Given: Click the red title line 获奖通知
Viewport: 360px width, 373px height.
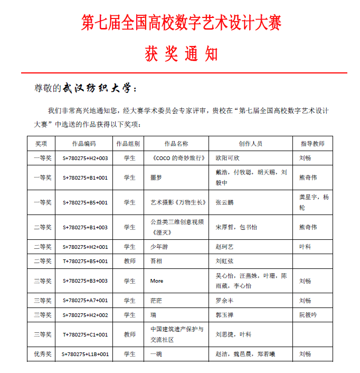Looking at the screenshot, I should pos(181,54).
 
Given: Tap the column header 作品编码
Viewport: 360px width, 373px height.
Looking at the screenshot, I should pos(84,144).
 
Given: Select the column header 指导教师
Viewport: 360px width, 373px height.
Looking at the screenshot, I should pos(312,144).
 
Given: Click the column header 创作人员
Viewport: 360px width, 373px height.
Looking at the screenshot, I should pos(250,144).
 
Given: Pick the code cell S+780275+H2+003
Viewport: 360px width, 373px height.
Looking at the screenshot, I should pos(85,158).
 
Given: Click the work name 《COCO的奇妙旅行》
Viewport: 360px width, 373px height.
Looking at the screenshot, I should pos(176,158).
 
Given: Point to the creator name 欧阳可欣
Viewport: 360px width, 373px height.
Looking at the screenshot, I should pos(228,158).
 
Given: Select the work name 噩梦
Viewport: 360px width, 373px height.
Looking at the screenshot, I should pos(156,178).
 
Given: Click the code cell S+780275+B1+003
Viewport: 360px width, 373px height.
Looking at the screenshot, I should pos(85,227).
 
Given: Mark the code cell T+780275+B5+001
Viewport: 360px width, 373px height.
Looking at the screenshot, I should pos(85,261).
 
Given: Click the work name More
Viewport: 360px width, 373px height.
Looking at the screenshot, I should pos(157,281).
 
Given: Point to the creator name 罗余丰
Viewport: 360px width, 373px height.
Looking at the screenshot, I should pos(224,301).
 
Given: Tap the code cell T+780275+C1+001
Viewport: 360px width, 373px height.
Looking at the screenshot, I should pos(85,334).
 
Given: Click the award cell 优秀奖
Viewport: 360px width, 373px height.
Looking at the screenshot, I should pos(42,354).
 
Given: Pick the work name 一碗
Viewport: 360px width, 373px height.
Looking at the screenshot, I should pos(156,354).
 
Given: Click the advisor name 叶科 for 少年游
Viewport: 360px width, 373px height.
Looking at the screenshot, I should pos(305,247).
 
